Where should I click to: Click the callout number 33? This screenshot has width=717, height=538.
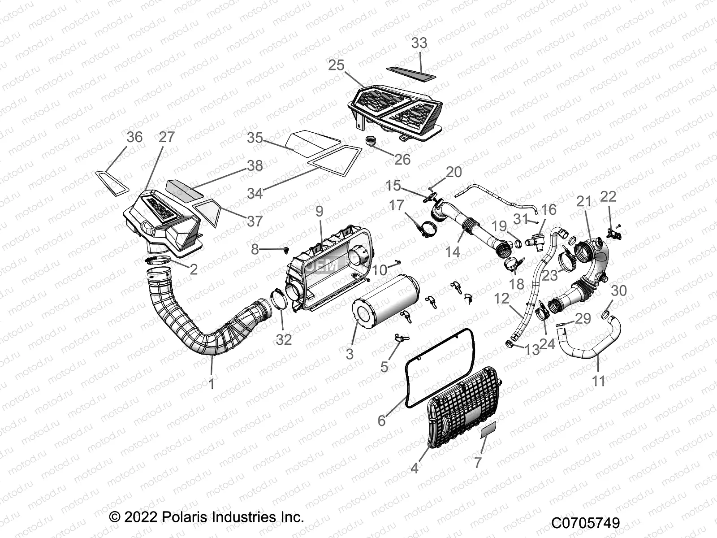[419, 43]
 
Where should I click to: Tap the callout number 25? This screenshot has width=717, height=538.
[336, 65]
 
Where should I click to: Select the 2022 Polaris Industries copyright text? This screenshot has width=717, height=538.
[207, 517]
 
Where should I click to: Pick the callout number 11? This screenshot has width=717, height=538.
[599, 382]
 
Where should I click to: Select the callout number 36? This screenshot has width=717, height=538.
[134, 137]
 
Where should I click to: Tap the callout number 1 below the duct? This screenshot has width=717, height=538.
[212, 384]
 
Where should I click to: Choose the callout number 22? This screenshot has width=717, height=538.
[609, 196]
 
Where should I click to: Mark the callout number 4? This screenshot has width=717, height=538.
[415, 468]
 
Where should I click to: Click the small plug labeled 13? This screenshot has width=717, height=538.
[510, 344]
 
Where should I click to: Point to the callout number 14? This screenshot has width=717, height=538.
[453, 252]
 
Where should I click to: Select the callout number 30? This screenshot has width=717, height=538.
[618, 291]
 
